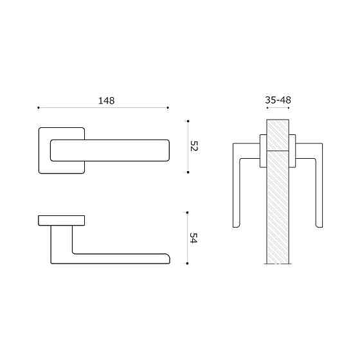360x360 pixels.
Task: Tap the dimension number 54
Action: pos(194,237)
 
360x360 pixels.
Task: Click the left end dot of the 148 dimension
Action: pos(39,108)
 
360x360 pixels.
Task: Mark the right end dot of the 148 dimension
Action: pos(168,108)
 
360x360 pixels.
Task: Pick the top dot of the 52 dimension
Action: pos(187,120)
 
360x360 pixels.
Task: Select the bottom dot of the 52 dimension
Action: pos(187,172)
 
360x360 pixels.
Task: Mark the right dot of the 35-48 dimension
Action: pos(289,108)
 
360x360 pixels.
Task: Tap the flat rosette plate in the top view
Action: pos(61,221)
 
